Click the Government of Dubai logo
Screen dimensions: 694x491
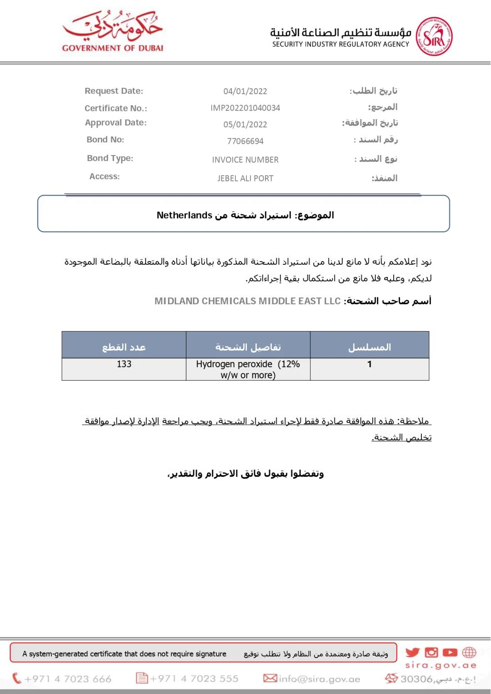pos(113,31)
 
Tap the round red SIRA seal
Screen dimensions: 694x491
pos(435,36)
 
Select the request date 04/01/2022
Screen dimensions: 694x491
pos(245,91)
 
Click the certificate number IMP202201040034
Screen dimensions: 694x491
pos(245,108)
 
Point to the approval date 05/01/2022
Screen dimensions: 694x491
pos(245,125)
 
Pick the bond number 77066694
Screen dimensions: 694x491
pos(245,141)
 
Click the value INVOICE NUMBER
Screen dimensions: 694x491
pos(245,160)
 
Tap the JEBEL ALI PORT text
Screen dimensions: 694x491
pos(245,178)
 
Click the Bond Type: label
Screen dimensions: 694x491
pos(110,158)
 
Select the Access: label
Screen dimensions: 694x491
pos(105,176)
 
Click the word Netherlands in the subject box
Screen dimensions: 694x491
pos(185,215)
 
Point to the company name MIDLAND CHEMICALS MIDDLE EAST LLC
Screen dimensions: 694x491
pos(247,301)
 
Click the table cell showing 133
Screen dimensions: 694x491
pos(124,364)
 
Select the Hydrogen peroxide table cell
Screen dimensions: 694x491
pos(248,369)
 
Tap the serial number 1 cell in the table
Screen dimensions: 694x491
pos(370,364)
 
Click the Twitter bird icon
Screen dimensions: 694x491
pos(412,653)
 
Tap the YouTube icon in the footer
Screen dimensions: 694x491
pos(450,653)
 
